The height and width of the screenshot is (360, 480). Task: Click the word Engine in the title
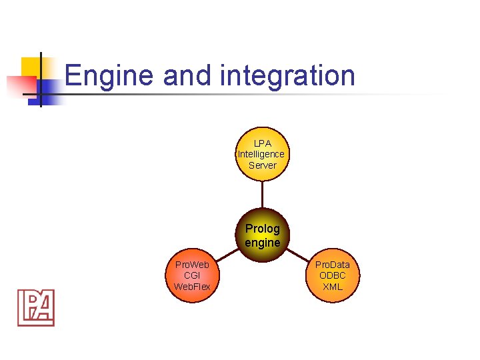pyautogui.click(x=110, y=75)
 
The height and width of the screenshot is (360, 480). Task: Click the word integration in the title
pyautogui.click(x=287, y=75)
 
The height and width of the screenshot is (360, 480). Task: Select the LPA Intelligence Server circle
pyautogui.click(x=262, y=155)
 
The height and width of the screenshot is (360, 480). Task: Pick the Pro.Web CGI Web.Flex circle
pyautogui.click(x=192, y=276)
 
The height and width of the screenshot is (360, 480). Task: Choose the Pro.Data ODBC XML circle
pyautogui.click(x=332, y=276)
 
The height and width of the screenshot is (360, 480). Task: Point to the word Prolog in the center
pyautogui.click(x=262, y=229)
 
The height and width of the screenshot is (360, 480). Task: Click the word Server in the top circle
pyautogui.click(x=262, y=165)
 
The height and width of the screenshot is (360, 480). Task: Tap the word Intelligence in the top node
pyautogui.click(x=262, y=154)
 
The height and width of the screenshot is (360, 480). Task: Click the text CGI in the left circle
pyautogui.click(x=192, y=275)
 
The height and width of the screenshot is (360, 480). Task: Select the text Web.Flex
pyautogui.click(x=192, y=287)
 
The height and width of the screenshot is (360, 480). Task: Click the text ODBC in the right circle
pyautogui.click(x=332, y=275)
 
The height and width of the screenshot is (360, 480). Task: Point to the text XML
pyautogui.click(x=332, y=287)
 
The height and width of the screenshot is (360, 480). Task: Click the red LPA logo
pyautogui.click(x=36, y=307)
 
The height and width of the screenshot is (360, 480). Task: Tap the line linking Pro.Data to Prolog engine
pyautogui.click(x=298, y=257)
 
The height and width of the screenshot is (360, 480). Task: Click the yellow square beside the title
pyautogui.click(x=31, y=67)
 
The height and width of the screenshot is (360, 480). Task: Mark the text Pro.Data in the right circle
pyautogui.click(x=332, y=265)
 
